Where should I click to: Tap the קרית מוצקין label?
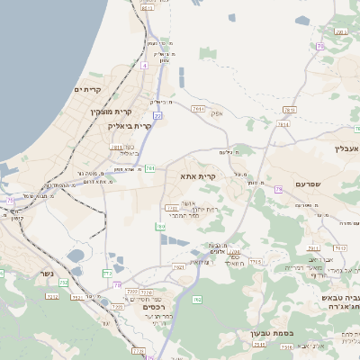(111, 112)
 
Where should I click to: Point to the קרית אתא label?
(198, 177)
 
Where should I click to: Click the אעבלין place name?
(346, 148)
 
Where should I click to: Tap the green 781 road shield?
(150, 168)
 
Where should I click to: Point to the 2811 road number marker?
(115, 146)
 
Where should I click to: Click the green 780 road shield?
(160, 227)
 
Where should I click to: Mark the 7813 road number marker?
(289, 109)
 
